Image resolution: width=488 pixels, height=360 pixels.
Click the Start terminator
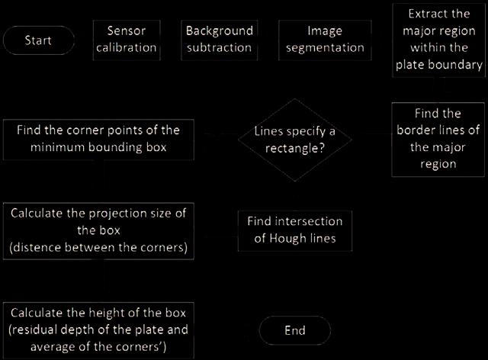coord(39,40)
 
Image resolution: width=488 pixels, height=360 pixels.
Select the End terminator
coord(295,330)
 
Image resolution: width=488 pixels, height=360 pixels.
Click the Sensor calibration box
coord(127,40)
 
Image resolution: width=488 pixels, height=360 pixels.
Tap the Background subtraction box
coord(220,40)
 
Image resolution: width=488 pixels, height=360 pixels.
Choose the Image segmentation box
coord(325,40)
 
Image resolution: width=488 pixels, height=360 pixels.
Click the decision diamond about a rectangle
coord(295,140)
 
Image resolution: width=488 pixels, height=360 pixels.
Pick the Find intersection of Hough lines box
coord(295,231)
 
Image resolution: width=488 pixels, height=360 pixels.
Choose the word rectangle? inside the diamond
coord(295,148)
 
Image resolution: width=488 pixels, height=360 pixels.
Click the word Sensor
coord(127,31)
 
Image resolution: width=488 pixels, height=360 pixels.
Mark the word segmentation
coord(325,48)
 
